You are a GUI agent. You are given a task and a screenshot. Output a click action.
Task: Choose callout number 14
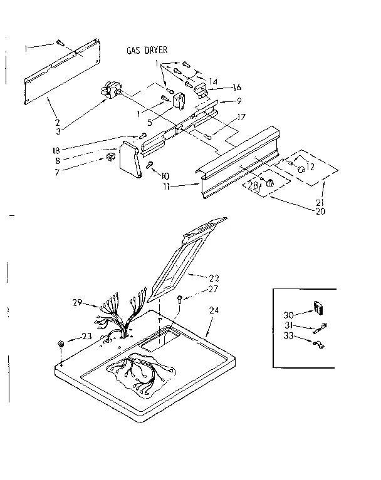(214, 81)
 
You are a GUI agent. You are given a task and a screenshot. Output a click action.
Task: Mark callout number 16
(236, 88)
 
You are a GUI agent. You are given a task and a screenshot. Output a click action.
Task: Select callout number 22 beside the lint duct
(215, 277)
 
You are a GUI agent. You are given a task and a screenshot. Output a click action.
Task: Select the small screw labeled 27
(180, 299)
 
